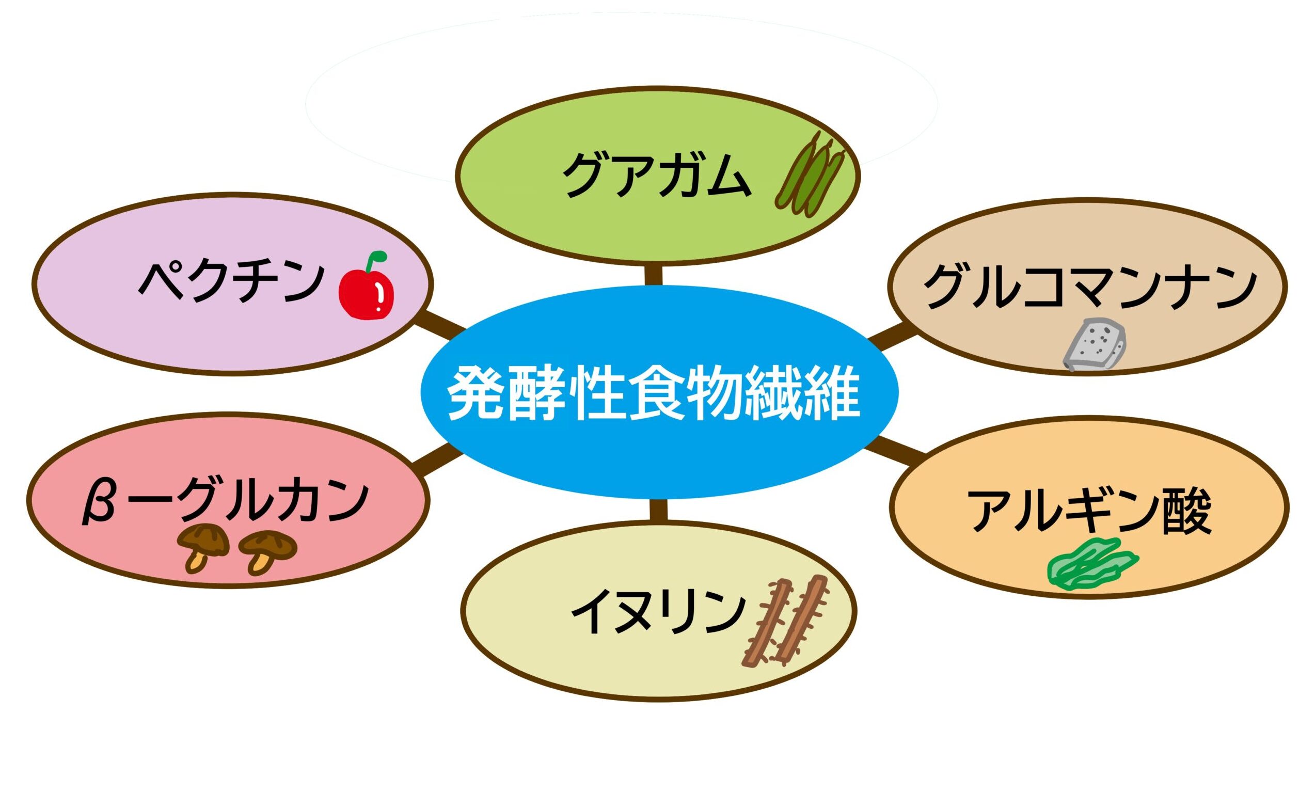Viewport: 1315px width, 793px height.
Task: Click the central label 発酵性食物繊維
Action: (x=654, y=394)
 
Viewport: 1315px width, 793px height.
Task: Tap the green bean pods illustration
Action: (x=810, y=174)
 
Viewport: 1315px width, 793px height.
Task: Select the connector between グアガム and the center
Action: (x=653, y=275)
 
